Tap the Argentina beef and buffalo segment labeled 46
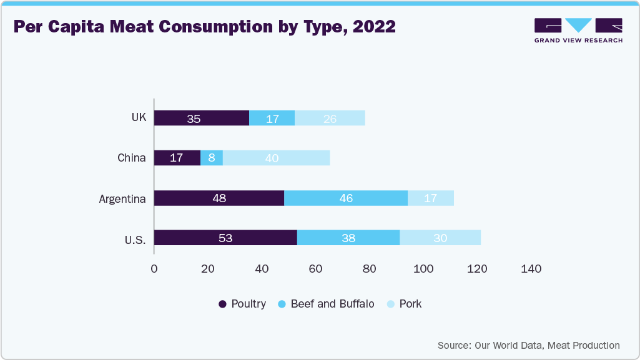[346, 198]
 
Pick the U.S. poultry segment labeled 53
[225, 238]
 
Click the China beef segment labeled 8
[212, 158]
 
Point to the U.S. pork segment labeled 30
[440, 238]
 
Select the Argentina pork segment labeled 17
[431, 198]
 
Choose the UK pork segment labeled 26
[330, 118]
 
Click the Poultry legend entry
[242, 304]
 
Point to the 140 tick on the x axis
[531, 269]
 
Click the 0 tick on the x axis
[154, 269]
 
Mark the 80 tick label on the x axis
[370, 269]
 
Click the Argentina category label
[122, 199]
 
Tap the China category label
[131, 158]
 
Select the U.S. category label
[134, 238]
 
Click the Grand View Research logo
[578, 30]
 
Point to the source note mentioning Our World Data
[528, 345]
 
